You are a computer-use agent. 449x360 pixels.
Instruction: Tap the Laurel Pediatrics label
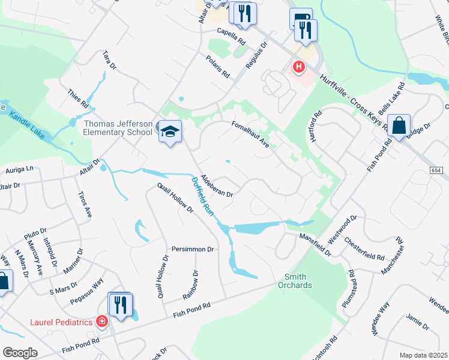pyautogui.click(x=61, y=322)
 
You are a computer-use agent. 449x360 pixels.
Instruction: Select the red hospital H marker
pyautogui.click(x=298, y=66)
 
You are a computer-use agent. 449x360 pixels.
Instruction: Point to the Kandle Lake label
pyautogui.click(x=28, y=124)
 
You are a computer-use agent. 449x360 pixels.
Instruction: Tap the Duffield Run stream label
pyautogui.click(x=203, y=196)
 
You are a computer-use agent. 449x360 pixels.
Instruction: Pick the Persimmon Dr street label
pyautogui.click(x=193, y=249)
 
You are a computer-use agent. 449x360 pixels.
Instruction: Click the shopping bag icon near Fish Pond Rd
pyautogui.click(x=399, y=126)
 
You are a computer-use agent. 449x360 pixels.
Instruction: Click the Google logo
pyautogui.click(x=20, y=353)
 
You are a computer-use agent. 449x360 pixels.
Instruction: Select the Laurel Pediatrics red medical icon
pyautogui.click(x=102, y=322)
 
